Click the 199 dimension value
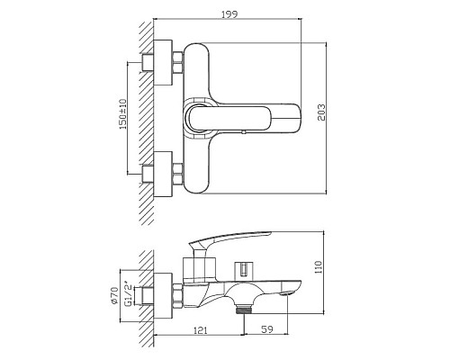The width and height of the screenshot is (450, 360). pyautogui.click(x=229, y=13)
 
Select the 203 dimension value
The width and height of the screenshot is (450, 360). pyautogui.click(x=321, y=112)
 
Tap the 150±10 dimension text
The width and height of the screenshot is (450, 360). pyautogui.click(x=123, y=114)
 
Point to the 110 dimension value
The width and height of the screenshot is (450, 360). pyautogui.click(x=319, y=266)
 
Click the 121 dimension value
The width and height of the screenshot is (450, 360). pyautogui.click(x=201, y=330)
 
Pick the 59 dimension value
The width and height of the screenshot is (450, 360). pyautogui.click(x=267, y=329)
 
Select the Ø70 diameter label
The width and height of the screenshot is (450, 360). pyautogui.click(x=114, y=296)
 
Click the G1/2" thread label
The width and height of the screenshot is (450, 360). pyautogui.click(x=128, y=293)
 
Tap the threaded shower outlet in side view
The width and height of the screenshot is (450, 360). pyautogui.click(x=243, y=309)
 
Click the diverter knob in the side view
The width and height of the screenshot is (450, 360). pyautogui.click(x=244, y=268)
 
